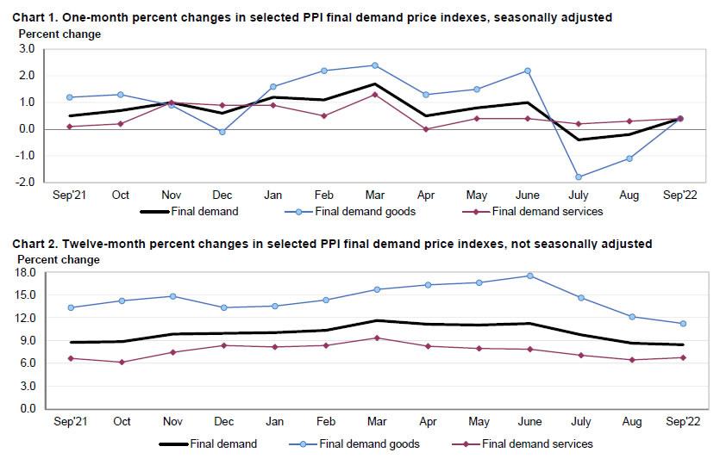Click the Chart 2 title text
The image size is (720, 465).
coord(332,245)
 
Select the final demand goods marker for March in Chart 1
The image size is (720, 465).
coord(374,65)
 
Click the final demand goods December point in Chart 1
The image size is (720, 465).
coord(222,132)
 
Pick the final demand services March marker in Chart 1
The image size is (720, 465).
coord(374,94)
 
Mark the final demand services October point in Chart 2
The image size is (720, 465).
coord(121,363)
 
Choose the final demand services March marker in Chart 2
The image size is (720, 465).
coord(374,338)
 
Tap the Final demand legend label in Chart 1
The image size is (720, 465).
coord(204,211)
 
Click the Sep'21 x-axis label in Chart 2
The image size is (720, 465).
coord(70,422)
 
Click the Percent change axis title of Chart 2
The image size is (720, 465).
coord(56,259)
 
